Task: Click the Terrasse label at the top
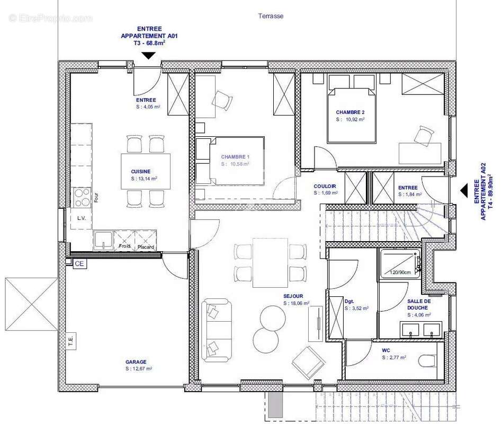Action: [x=271, y=16]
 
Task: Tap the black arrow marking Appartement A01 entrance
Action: [x=148, y=55]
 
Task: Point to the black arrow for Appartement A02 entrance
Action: [x=463, y=190]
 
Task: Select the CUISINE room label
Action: [x=141, y=171]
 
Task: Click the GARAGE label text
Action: [x=136, y=362]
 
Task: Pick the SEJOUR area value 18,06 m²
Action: [x=296, y=304]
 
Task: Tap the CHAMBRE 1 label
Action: [x=235, y=157]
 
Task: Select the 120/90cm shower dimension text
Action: [x=401, y=272]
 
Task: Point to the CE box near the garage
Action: [x=79, y=263]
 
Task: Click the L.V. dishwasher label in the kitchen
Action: [x=82, y=218]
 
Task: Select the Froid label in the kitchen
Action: [x=125, y=246]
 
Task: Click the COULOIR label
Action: [x=325, y=187]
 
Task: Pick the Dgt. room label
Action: [x=349, y=301]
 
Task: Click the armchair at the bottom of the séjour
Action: [x=308, y=363]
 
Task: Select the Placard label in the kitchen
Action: [x=145, y=247]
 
